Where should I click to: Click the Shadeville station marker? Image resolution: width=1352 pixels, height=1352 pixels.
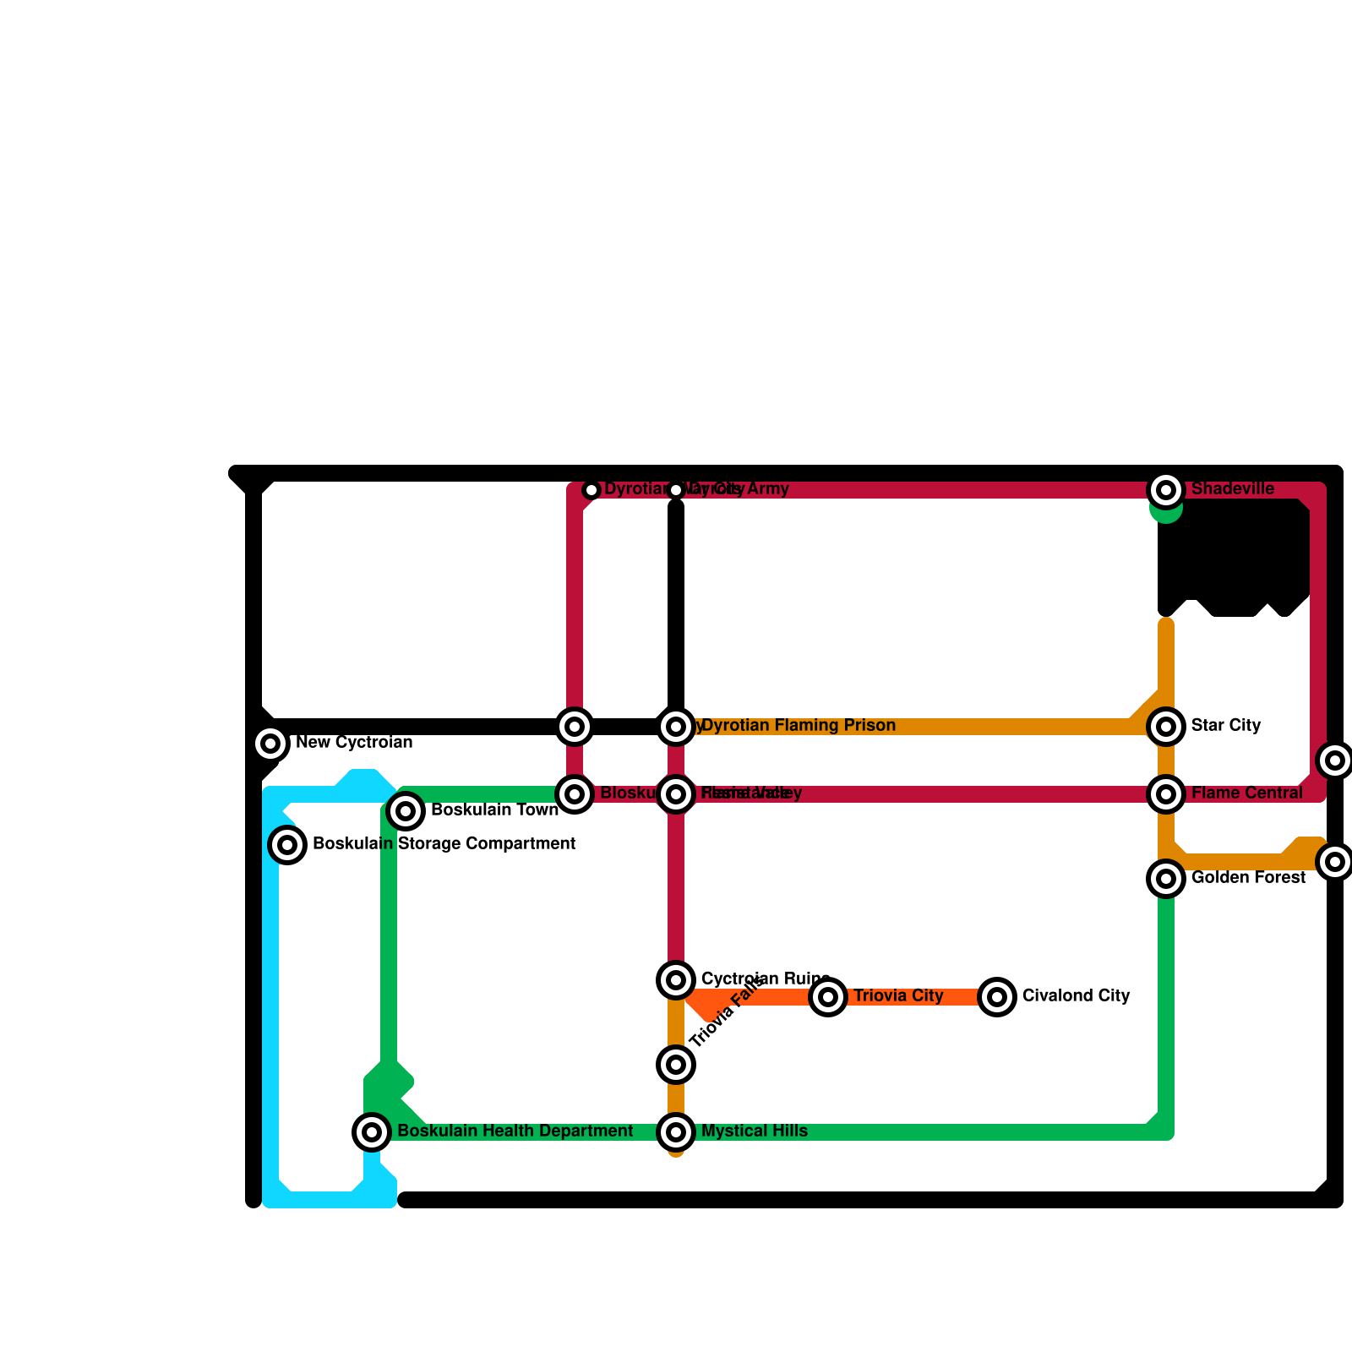1166,489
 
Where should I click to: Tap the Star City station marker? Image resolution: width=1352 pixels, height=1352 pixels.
1166,726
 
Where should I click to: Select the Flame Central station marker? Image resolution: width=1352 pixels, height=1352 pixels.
1166,793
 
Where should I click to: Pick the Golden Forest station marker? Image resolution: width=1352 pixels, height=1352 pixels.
1166,879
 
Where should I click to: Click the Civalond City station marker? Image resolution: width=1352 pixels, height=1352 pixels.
997,997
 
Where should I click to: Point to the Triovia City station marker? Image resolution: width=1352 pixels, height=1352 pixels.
828,997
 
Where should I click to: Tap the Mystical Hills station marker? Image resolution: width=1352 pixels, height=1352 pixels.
676,1131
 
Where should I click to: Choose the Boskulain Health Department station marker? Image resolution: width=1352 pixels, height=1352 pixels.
372,1131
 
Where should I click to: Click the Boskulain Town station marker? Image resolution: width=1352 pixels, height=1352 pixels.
406,811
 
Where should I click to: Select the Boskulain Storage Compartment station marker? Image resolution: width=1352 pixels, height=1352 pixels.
287,844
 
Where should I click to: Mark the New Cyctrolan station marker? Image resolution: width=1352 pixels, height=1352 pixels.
270,744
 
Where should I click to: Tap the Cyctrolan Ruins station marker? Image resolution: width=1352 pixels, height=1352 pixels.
676,979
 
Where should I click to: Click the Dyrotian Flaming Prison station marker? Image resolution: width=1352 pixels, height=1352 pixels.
676,726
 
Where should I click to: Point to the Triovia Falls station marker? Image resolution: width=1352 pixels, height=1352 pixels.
676,1065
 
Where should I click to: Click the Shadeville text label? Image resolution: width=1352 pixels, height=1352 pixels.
1232,489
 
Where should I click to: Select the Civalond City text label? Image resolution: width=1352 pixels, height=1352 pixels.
1076,996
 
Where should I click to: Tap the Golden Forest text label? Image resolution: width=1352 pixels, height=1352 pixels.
1248,878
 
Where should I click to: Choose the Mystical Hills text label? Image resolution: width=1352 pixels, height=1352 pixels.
754,1131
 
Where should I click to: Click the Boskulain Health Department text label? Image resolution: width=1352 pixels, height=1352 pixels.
515,1131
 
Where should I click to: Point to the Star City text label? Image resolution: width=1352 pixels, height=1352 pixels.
1225,726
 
